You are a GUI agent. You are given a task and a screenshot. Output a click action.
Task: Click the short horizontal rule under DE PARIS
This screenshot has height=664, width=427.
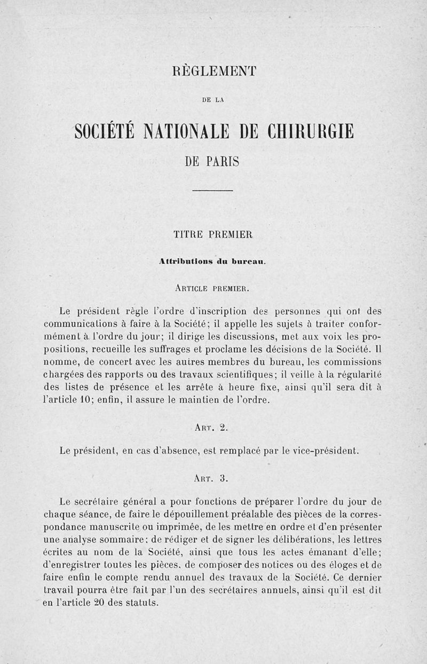click(x=213, y=191)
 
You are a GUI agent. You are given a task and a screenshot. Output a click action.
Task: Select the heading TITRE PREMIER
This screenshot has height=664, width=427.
click(x=213, y=234)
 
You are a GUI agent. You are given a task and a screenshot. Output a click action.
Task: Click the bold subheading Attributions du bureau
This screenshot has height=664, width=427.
click(x=212, y=262)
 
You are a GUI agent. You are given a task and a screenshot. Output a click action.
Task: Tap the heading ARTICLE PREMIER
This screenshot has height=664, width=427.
click(x=212, y=289)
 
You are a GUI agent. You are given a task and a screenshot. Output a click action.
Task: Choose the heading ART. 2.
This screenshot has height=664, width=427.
click(x=212, y=427)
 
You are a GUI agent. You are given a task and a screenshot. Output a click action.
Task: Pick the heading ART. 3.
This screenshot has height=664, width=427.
click(x=212, y=478)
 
